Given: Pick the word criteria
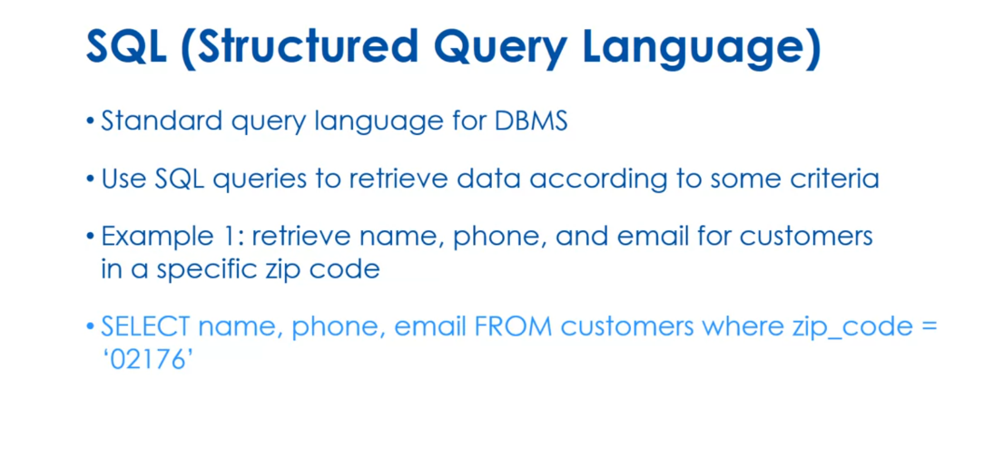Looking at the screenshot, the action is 835,178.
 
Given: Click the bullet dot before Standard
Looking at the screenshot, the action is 90,122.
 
